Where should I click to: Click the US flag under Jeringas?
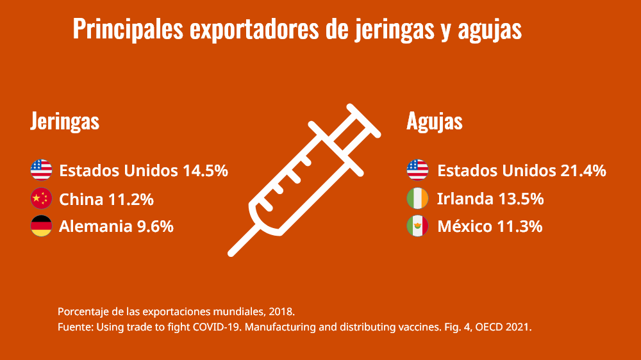pyautogui.click(x=41, y=170)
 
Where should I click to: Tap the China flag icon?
pyautogui.click(x=41, y=199)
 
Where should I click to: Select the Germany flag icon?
pyautogui.click(x=41, y=226)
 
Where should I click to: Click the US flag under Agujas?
pyautogui.click(x=417, y=170)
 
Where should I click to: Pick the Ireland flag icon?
pyautogui.click(x=417, y=199)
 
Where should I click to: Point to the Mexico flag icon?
pyautogui.click(x=417, y=226)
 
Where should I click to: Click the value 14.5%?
pyautogui.click(x=205, y=171)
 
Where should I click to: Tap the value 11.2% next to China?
pyautogui.click(x=131, y=199)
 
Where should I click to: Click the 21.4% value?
pyautogui.click(x=583, y=171)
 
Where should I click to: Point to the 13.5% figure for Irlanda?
pyautogui.click(x=520, y=199)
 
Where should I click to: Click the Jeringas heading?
pyautogui.click(x=65, y=121)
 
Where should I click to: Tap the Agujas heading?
pyautogui.click(x=435, y=121)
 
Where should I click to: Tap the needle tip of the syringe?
pyautogui.click(x=233, y=252)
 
